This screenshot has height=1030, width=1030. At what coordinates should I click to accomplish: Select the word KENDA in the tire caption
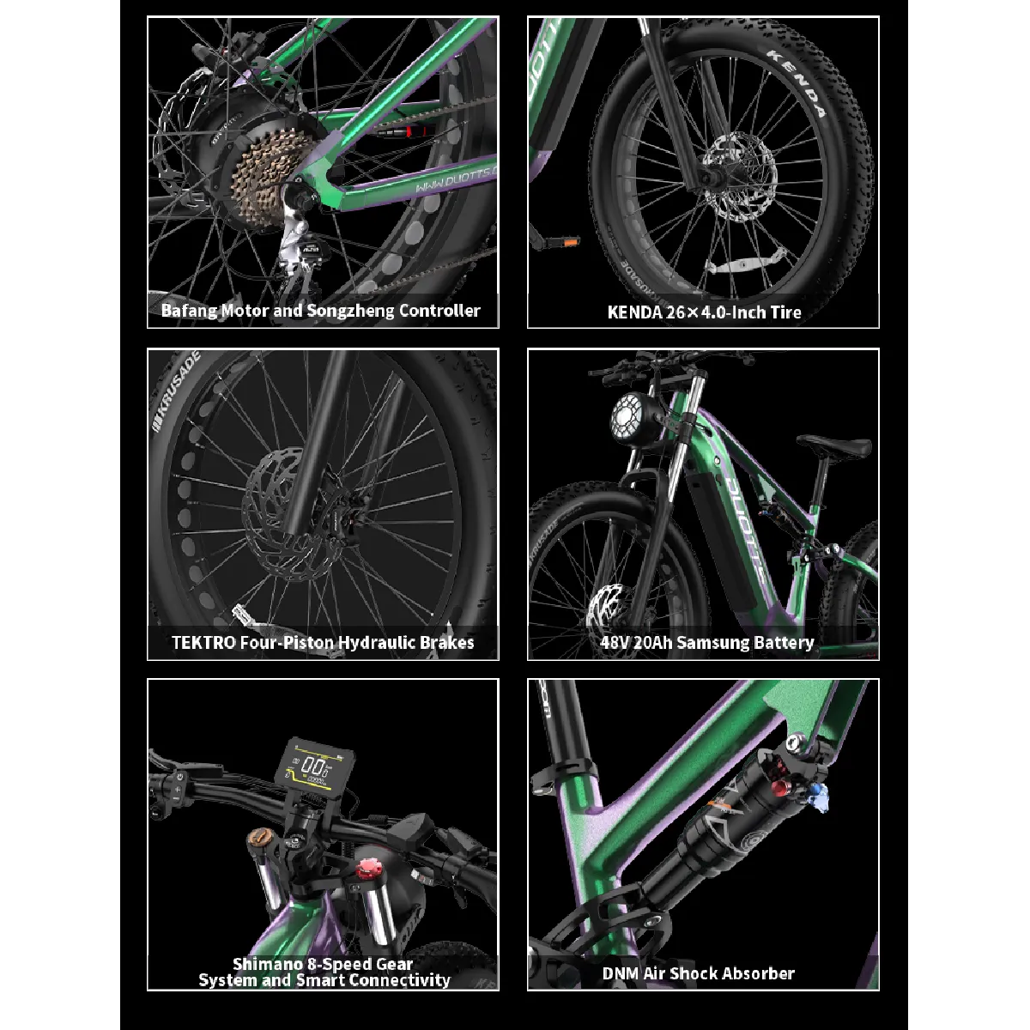[x=635, y=312]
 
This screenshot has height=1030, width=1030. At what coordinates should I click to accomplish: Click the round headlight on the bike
[x=631, y=415]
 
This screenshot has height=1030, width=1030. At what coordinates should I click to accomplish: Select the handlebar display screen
[x=314, y=768]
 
